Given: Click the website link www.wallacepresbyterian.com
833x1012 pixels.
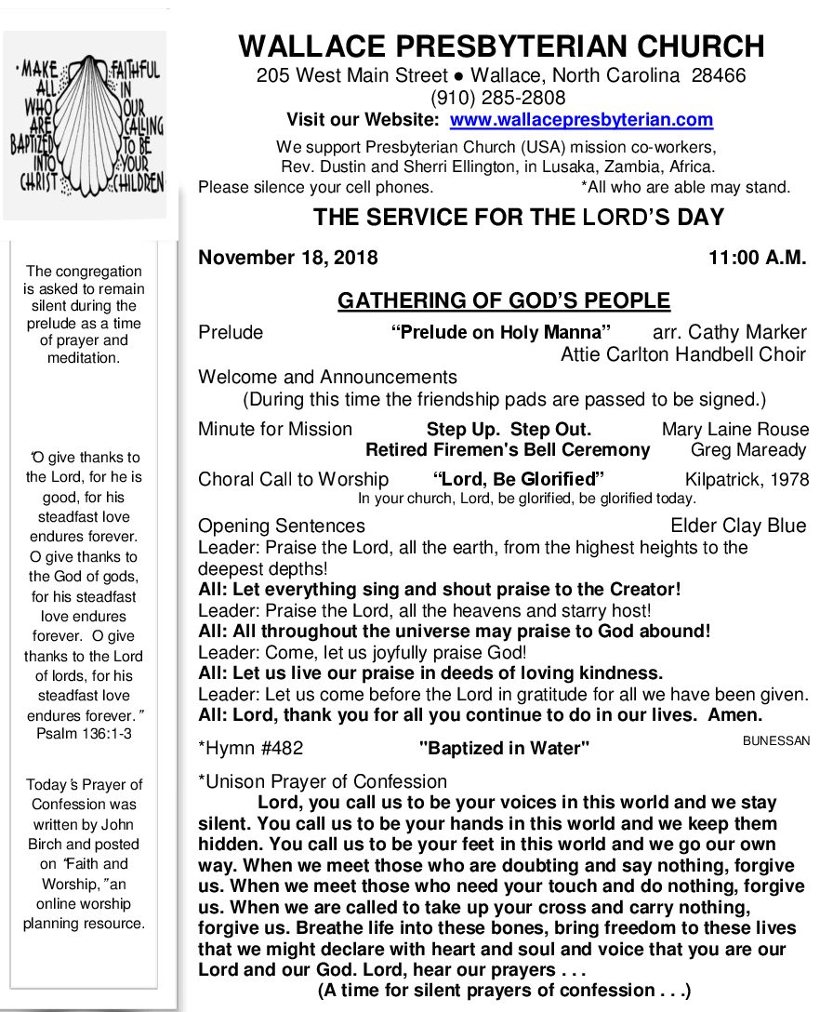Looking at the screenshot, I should point(581,120).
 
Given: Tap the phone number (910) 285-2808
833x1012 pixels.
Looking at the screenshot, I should point(497,98).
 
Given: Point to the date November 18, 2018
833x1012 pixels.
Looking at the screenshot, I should point(288,258).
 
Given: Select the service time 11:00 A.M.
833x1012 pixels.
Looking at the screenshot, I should point(757,258).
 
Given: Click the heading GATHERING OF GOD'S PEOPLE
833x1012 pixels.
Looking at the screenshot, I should point(503,300).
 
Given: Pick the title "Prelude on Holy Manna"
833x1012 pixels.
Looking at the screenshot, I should point(501,332).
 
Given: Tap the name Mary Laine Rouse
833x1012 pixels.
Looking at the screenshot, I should point(734,430).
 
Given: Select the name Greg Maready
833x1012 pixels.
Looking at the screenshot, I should point(748,450).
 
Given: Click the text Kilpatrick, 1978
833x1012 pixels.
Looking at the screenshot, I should point(747,480).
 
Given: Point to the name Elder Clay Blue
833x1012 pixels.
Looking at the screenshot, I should point(738,526).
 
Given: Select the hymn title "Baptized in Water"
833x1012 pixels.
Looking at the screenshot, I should point(504,748).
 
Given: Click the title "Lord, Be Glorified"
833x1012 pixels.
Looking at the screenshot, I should point(519,480).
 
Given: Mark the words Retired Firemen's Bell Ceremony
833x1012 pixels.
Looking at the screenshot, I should point(508,450).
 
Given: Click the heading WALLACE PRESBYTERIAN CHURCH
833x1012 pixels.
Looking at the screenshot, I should point(501,46).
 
